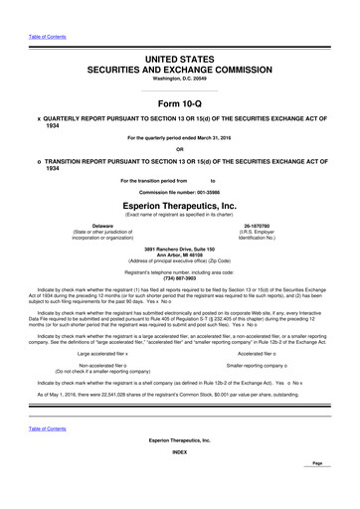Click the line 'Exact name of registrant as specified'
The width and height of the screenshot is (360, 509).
click(180, 212)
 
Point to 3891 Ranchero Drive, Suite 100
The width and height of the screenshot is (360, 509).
click(180, 247)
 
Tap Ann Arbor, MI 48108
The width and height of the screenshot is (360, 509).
click(180, 253)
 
